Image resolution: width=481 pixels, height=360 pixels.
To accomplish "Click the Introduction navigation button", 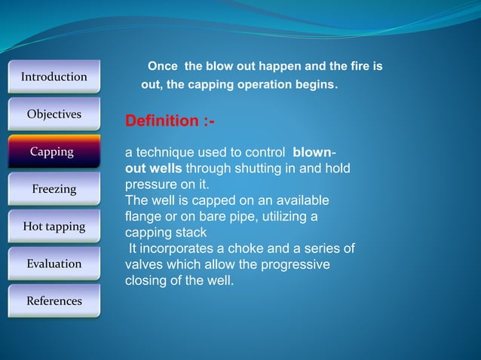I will point(54,77).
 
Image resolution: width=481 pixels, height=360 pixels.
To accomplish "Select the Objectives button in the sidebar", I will point(54,114).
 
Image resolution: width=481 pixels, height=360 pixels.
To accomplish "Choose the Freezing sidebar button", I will point(54,189).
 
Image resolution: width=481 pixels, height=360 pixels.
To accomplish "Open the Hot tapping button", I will point(54,226).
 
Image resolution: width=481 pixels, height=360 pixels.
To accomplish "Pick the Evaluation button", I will point(54,264).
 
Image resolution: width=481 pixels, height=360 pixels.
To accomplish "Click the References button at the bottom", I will point(54,301).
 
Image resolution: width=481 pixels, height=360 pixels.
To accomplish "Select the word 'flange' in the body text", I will point(144,217).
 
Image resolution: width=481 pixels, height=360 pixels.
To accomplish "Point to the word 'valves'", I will point(143,265).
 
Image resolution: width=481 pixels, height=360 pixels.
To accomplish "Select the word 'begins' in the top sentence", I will point(314,85).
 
